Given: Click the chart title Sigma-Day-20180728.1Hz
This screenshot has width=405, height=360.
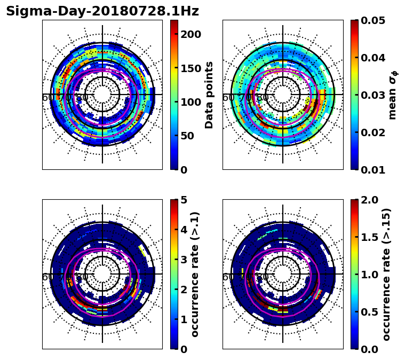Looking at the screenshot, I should coord(102,11).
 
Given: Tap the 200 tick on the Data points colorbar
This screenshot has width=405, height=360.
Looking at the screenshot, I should coord(191,34).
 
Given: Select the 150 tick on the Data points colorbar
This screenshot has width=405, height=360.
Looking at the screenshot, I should coord(191,68).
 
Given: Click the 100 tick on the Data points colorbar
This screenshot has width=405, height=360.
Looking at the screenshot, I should coord(191,102).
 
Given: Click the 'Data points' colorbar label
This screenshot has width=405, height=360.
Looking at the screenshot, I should coord(209,95).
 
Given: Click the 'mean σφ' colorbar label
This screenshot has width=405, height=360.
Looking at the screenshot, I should coord(393,95).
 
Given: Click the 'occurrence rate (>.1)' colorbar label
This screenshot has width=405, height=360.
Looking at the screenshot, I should coord(195,274).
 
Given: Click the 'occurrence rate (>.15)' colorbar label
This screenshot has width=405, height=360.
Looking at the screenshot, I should coord(386,274).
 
